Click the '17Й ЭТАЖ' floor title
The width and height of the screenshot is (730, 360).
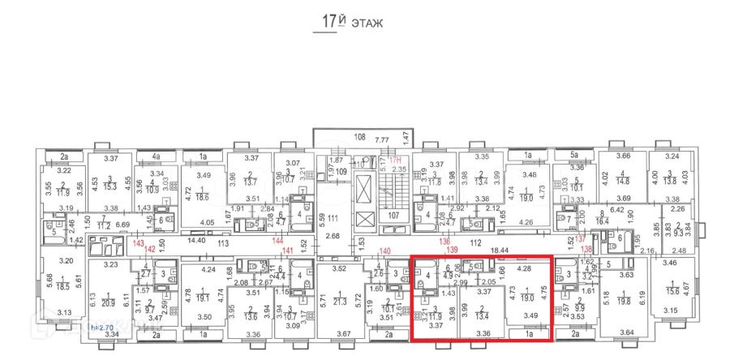[x=348, y=23]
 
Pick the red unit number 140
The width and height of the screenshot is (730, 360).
[x=385, y=251]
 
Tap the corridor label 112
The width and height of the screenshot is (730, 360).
[x=500, y=241]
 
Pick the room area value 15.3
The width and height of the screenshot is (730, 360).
[x=110, y=186]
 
